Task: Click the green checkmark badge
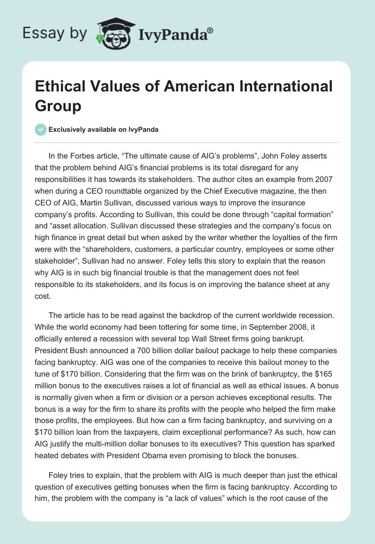[x=41, y=129]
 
